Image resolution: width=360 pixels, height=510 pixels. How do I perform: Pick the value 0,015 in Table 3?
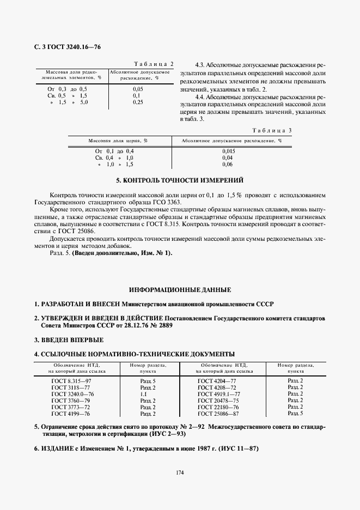(x=228, y=150)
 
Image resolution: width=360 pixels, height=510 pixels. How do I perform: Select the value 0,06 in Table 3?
(x=228, y=164)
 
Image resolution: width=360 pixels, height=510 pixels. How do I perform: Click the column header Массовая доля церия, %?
(x=118, y=141)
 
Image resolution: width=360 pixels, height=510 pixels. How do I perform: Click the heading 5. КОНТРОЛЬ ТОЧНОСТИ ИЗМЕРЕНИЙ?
(x=180, y=180)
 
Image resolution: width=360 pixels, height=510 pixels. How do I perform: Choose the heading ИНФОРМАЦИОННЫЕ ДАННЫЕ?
(x=180, y=290)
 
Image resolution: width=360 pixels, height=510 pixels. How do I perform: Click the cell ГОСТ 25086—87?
(x=217, y=414)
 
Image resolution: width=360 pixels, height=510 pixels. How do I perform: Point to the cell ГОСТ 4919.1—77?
(x=217, y=393)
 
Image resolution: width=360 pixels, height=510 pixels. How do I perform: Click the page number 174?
(x=180, y=473)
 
